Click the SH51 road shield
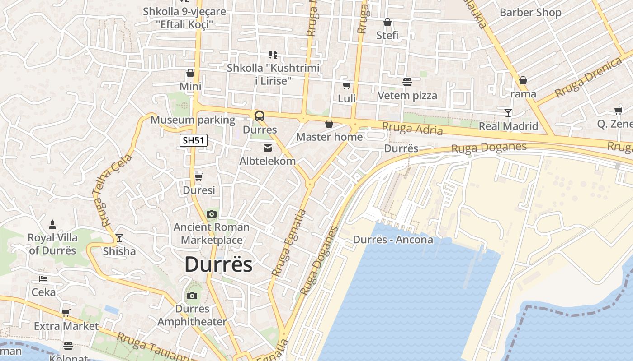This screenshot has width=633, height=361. click(194, 140)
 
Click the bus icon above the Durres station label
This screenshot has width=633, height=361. click(259, 116)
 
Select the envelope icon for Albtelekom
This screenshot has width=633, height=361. click(268, 148)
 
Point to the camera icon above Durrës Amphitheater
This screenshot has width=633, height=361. click(192, 296)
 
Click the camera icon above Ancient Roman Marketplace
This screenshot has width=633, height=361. click(211, 214)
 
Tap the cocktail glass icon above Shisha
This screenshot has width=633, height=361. click(119, 237)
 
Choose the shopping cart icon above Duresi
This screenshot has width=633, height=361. click(198, 177)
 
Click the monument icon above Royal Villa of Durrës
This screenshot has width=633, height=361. click(52, 224)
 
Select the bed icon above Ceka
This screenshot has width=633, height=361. click(43, 279)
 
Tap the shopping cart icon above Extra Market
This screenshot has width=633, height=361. click(66, 313)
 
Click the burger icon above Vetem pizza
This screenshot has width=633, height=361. click(407, 82)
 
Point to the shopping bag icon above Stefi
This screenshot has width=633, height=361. click(387, 22)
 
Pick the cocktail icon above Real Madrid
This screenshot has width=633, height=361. click(508, 112)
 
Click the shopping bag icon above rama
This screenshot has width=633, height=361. click(523, 80)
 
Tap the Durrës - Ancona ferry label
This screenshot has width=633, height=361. click(393, 240)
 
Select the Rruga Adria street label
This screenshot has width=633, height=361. click(412, 129)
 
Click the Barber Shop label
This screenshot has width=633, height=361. click(530, 13)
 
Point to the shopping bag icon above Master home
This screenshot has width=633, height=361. click(329, 123)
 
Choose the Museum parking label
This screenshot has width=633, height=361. click(193, 120)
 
